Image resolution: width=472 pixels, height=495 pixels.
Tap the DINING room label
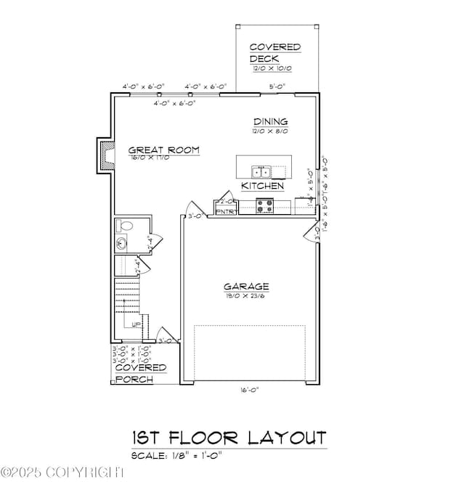270,121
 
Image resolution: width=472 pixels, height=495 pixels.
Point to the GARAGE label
246,286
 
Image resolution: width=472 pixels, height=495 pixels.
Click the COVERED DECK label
274,52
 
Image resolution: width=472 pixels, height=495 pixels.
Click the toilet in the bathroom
124,226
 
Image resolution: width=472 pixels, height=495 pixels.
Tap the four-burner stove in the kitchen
265,205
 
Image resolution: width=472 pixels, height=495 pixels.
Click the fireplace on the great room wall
106,155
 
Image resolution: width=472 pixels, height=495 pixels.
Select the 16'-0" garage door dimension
248,390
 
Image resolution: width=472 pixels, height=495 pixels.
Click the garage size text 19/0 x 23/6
246,295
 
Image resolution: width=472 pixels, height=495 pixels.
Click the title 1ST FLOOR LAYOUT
229,438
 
